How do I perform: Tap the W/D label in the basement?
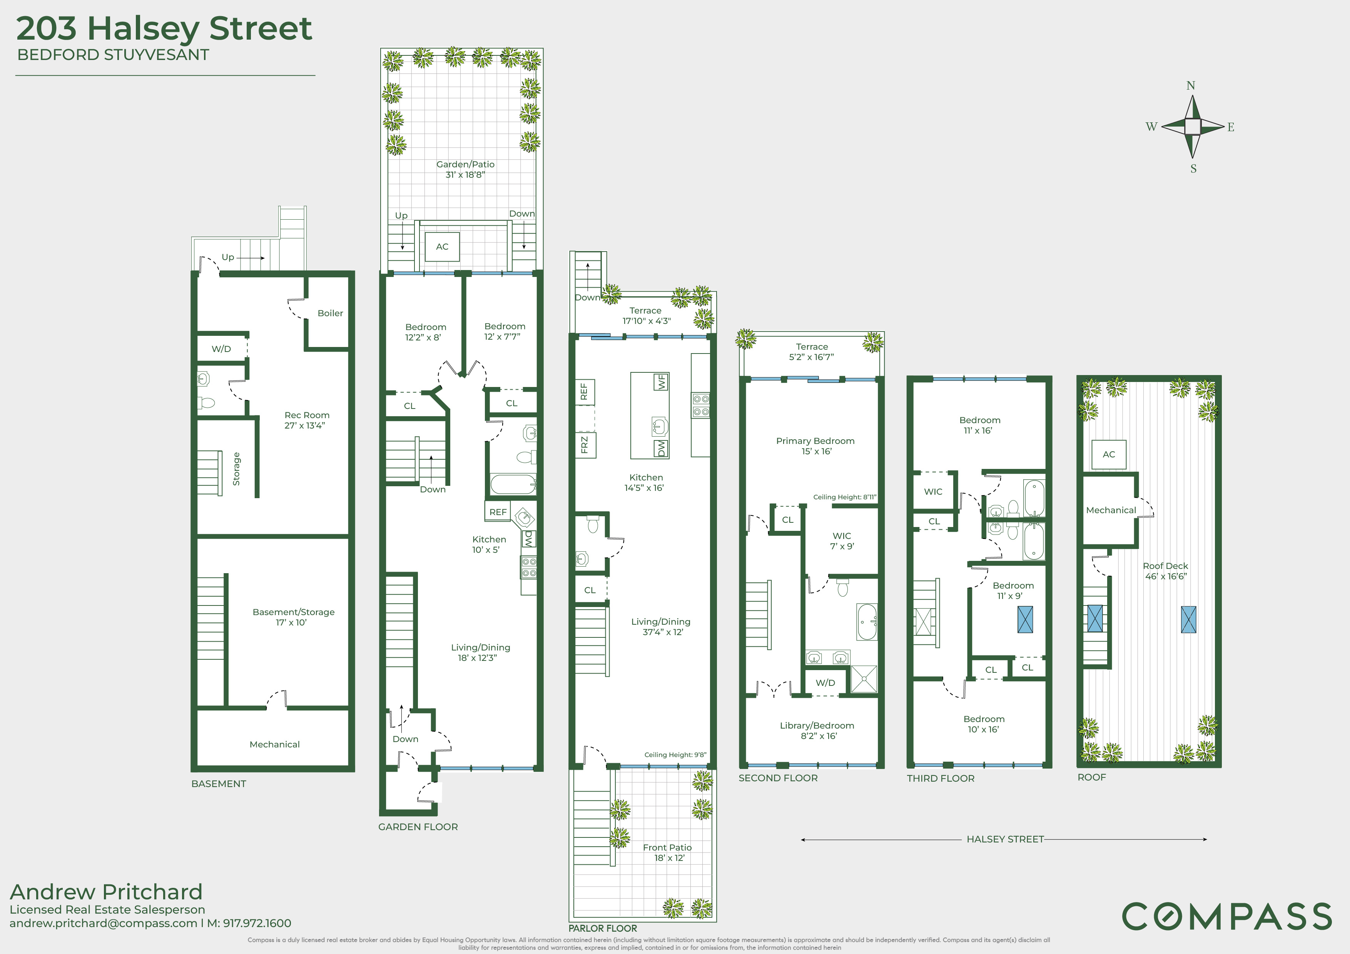coord(221,349)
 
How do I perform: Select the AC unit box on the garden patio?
coord(442,247)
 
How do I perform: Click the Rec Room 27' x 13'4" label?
coord(306,420)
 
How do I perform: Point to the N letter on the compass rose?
coord(1191,86)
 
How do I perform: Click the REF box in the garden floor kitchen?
coord(498,512)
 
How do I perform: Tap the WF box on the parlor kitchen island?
coord(662,382)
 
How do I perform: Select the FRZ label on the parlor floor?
coord(585,445)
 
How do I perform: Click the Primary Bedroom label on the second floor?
coord(815,445)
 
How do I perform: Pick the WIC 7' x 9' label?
coord(842,541)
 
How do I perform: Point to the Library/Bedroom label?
coord(817,731)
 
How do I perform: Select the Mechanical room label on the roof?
coord(1111,510)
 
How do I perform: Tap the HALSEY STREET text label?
coord(1005,839)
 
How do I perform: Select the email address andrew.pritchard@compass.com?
coord(104,924)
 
